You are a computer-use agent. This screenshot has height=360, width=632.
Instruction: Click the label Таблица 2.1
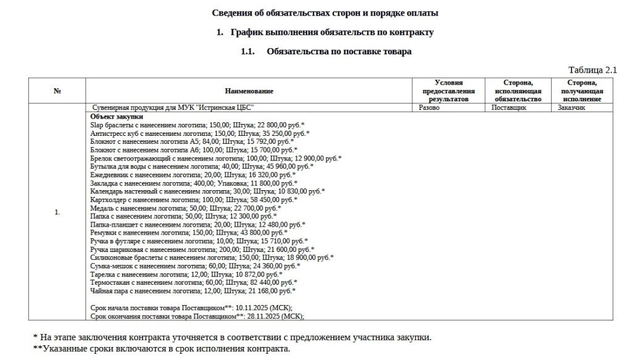592,70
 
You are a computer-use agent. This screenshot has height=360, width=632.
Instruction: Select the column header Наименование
249,91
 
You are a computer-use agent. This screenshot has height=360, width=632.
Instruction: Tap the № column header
57,91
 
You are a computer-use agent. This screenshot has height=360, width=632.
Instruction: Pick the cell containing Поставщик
509,107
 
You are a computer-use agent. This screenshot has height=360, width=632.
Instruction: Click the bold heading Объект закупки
117,116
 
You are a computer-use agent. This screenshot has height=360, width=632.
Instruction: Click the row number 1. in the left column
57,212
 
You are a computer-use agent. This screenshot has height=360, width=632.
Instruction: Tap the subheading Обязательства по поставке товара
339,52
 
